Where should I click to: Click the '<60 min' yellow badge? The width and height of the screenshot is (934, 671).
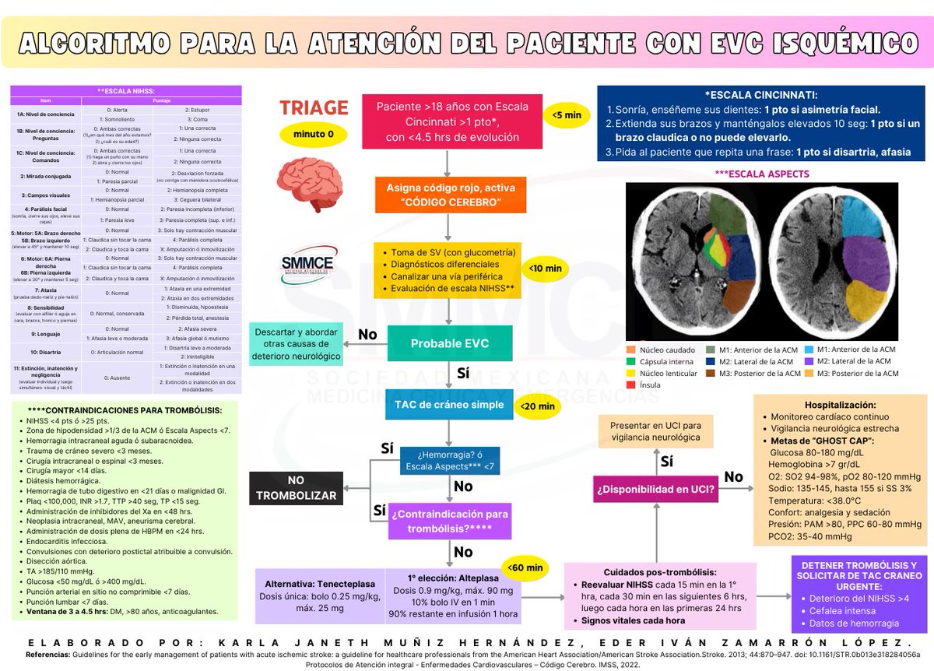click(x=525, y=567)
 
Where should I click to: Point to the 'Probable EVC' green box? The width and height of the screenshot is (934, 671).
click(x=449, y=344)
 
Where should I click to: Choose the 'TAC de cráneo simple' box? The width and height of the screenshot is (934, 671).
click(x=449, y=405)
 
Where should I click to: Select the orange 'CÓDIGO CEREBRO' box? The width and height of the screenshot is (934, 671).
click(x=449, y=195)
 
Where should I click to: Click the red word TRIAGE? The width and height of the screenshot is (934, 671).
click(x=314, y=107)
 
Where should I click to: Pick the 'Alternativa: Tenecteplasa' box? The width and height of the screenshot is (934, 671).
click(x=320, y=596)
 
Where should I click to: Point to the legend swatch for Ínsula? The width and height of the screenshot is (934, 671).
click(x=631, y=385)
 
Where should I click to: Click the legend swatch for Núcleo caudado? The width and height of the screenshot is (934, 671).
click(x=631, y=350)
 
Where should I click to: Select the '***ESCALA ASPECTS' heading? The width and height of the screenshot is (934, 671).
click(x=761, y=174)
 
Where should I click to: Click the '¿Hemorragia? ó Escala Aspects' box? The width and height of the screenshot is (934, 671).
click(x=450, y=461)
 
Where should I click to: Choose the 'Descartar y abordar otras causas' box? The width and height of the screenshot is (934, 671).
click(x=296, y=343)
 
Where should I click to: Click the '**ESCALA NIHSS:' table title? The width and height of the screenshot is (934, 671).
click(x=125, y=91)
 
